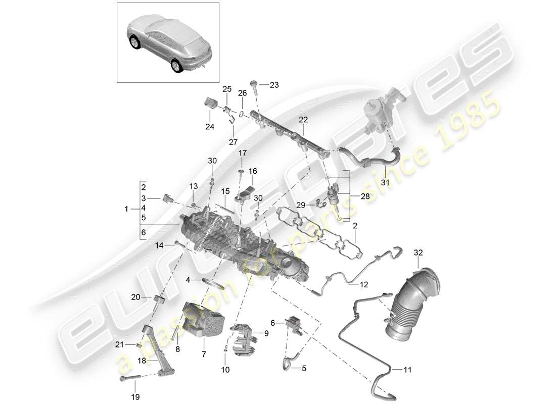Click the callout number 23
click(x=274, y=85)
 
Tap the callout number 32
click(x=418, y=252)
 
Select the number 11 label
click(x=408, y=370)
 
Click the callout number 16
click(x=252, y=172)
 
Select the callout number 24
click(x=209, y=127)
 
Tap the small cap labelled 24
click(x=209, y=104)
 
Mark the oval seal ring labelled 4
click(x=214, y=280)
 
